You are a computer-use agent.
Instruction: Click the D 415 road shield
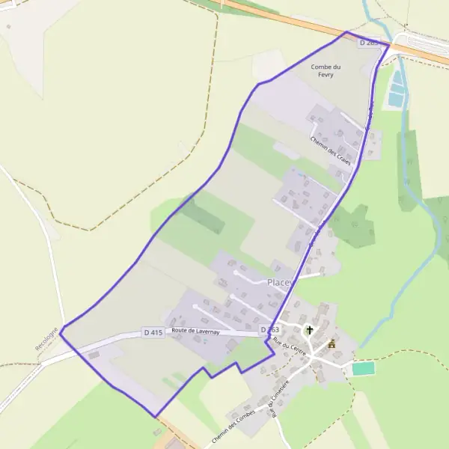pyautogui.click(x=153, y=332)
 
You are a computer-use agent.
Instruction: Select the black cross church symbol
pyautogui.click(x=309, y=330)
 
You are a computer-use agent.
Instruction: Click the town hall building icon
pyautogui.click(x=332, y=345)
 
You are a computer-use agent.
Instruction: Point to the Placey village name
pyautogui.click(x=278, y=282)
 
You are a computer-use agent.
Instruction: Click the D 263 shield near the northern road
pyautogui.click(x=368, y=43)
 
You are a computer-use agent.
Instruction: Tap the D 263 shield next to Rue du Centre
pyautogui.click(x=269, y=330)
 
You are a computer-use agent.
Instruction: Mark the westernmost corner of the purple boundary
pyautogui.click(x=61, y=329)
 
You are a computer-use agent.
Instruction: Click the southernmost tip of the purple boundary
pyautogui.click(x=155, y=417)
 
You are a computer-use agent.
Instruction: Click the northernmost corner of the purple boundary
pyautogui.click(x=346, y=31)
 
